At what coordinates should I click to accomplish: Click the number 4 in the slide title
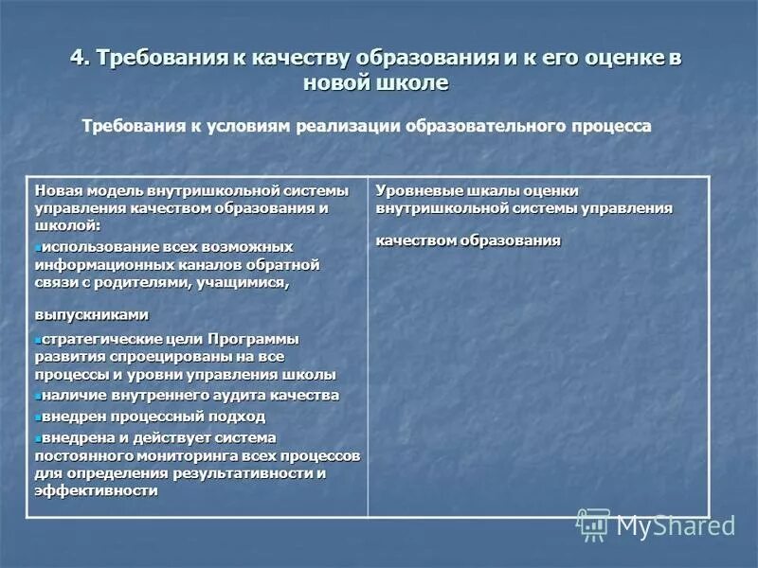77,57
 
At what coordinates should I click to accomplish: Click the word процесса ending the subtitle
615,127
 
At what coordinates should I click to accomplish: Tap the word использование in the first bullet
93,246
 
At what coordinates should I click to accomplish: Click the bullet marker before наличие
37,396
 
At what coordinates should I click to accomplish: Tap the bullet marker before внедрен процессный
37,417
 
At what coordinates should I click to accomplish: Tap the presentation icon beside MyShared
594,524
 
